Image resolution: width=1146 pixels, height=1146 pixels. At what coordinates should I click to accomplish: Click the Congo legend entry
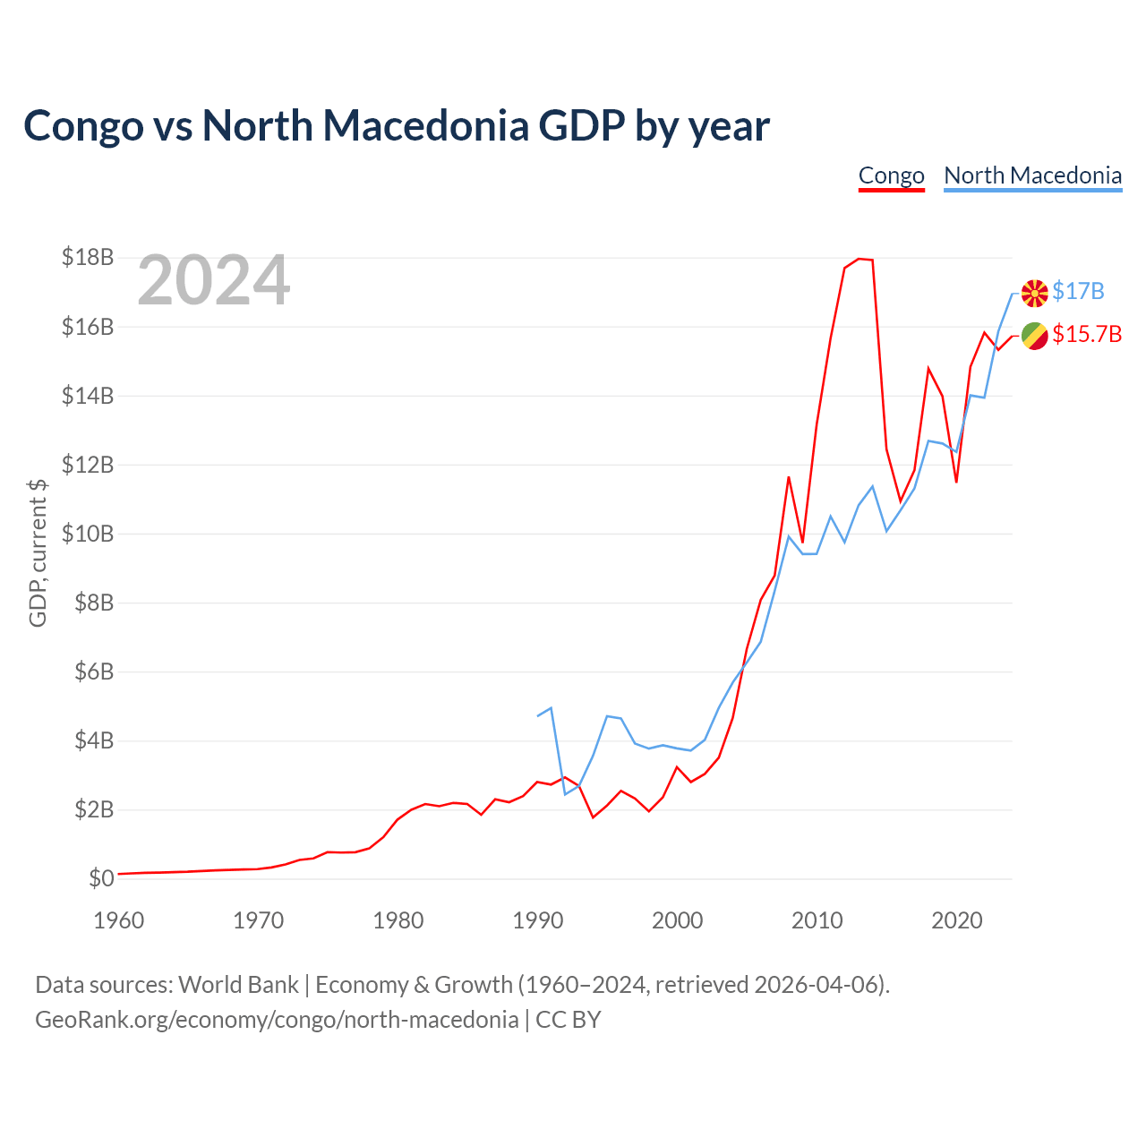[891, 176]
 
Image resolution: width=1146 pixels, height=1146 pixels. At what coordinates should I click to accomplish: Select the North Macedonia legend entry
[1032, 176]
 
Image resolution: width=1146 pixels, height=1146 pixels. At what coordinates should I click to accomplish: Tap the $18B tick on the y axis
[88, 257]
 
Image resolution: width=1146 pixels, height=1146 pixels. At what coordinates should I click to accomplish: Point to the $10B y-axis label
[88, 534]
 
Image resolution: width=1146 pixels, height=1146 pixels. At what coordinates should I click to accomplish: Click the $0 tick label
[101, 877]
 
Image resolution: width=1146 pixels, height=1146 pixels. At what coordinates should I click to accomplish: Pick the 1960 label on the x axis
[119, 920]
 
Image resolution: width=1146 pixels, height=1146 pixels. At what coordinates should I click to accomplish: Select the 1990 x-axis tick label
[537, 920]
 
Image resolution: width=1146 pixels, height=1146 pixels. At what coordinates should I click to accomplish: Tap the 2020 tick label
[956, 920]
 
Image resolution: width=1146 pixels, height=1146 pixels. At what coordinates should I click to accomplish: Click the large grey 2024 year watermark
[213, 279]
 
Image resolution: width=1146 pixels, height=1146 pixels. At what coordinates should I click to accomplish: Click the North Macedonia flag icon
[1034, 293]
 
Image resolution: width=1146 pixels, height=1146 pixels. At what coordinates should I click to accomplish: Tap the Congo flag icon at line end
[1034, 336]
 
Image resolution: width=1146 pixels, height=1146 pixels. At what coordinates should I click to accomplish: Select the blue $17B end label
[1078, 291]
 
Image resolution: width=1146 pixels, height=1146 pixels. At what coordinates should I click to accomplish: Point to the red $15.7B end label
[1087, 334]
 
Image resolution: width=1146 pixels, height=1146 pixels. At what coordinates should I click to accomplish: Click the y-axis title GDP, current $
[38, 553]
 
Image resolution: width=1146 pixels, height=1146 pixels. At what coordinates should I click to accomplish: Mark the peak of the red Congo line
[859, 259]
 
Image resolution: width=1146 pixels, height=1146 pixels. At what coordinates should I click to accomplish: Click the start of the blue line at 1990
[537, 716]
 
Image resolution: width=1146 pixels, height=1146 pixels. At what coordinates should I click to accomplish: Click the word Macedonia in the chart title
[426, 125]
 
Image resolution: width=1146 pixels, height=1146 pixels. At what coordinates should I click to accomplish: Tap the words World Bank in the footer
[238, 984]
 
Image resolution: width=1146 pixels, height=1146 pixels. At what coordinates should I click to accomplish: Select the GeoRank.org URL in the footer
[277, 1020]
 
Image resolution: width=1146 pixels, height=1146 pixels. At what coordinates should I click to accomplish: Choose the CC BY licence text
[568, 1020]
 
